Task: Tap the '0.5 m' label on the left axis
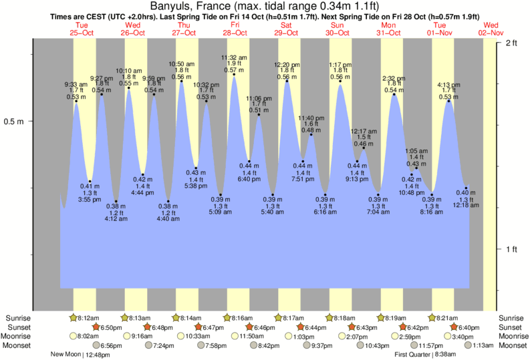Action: coord(15,122)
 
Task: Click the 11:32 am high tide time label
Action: coord(234,57)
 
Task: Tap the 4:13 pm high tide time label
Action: coord(448,85)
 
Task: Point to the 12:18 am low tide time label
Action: coord(466,205)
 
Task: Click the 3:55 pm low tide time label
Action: coord(90,199)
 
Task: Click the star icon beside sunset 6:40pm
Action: coord(454,327)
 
